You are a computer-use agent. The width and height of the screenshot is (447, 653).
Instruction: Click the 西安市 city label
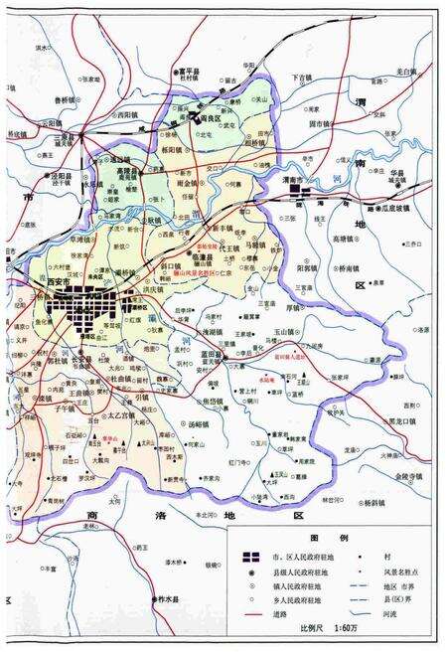62,281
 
